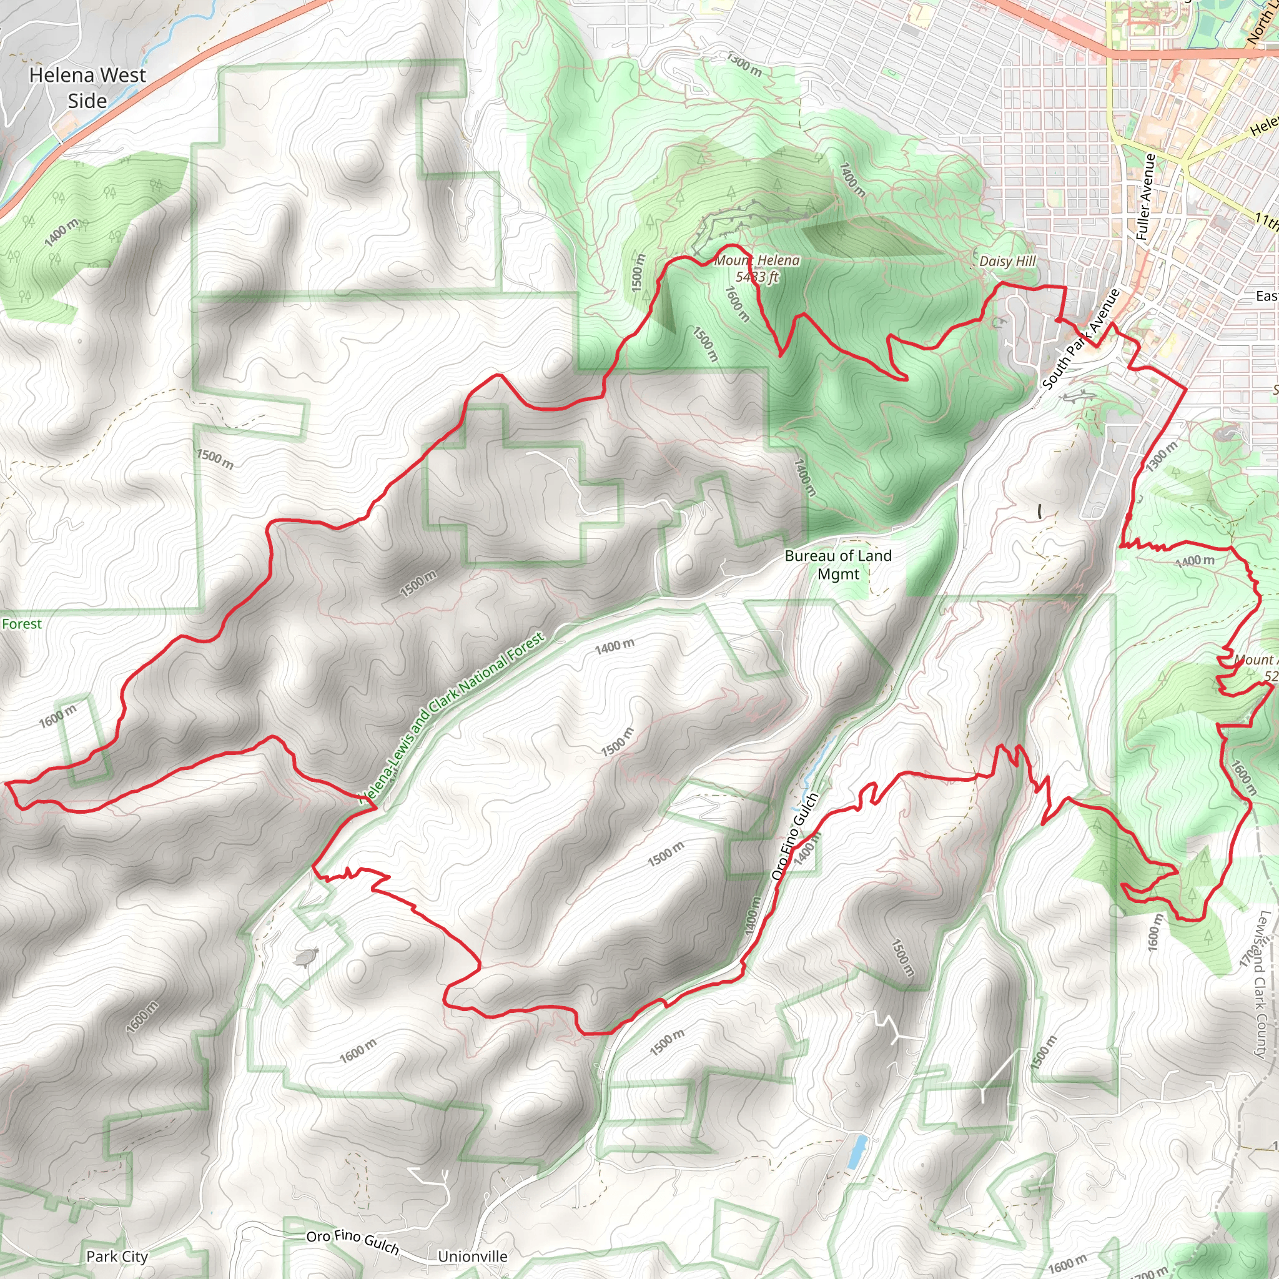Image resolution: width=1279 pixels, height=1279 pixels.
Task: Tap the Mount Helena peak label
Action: tap(757, 261)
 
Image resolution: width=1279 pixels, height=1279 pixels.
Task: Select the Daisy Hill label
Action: tap(1007, 262)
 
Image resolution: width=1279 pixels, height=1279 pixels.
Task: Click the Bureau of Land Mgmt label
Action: tap(837, 565)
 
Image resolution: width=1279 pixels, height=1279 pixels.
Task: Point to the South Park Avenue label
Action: tap(1080, 340)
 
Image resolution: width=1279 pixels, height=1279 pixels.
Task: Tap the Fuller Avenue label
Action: tap(1145, 197)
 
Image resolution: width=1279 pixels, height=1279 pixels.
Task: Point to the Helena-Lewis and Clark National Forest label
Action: tap(452, 717)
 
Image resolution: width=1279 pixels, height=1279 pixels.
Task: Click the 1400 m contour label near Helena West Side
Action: tap(62, 232)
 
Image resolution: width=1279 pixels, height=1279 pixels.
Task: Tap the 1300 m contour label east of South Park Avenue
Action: tap(1162, 456)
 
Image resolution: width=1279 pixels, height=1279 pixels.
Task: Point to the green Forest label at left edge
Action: tap(21, 625)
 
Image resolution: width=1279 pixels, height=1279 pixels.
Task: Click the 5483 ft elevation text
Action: tap(757, 277)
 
